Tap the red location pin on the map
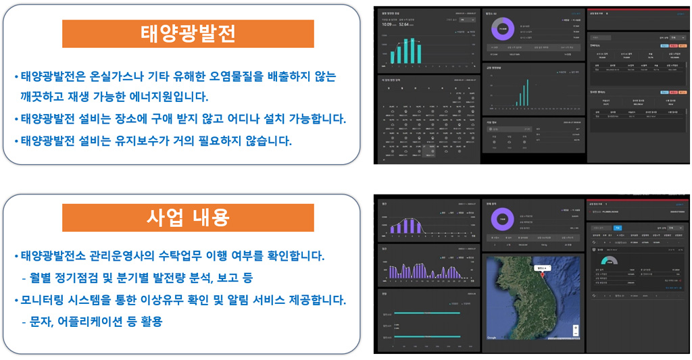tap(541, 276)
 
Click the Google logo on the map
tap(491, 337)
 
